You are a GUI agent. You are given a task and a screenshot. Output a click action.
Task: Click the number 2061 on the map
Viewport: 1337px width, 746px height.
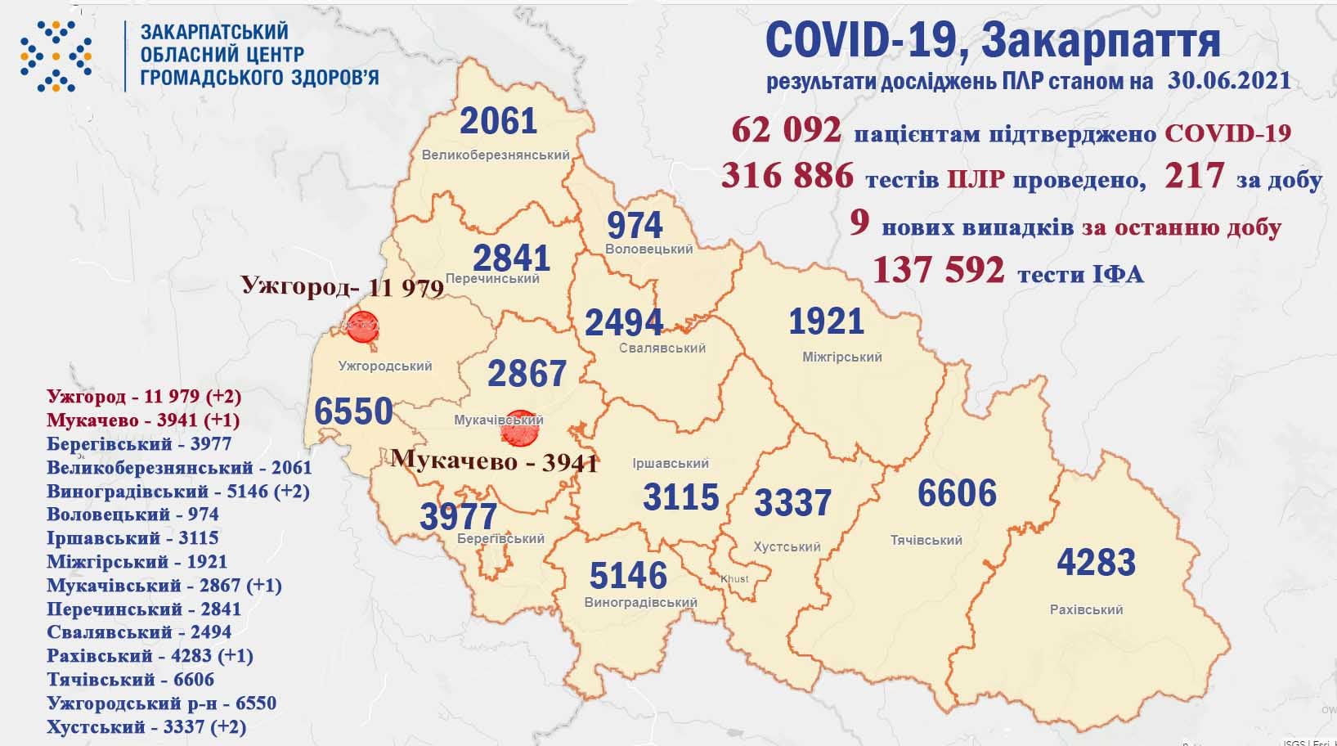(499, 122)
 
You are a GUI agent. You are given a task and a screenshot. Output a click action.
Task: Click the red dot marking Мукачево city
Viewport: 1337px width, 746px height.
(518, 428)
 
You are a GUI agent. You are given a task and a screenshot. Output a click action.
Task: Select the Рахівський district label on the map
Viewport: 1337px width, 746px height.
(1086, 609)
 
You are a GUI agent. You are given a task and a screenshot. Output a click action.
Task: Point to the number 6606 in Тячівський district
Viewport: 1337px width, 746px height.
(957, 494)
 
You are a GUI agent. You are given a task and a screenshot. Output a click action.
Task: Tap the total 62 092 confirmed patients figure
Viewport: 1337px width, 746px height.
(786, 132)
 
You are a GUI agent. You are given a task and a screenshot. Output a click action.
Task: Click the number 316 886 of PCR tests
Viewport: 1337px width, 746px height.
(787, 176)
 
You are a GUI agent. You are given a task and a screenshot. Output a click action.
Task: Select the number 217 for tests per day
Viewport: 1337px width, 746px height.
(1196, 176)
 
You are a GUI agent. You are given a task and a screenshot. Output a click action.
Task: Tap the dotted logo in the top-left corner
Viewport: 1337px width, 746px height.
(56, 56)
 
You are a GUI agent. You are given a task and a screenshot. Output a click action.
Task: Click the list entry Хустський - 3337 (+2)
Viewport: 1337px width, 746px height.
(146, 726)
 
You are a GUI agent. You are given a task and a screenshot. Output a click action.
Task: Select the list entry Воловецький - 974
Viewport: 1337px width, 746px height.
(132, 515)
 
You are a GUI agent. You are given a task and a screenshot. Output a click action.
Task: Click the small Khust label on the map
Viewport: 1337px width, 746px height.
(734, 579)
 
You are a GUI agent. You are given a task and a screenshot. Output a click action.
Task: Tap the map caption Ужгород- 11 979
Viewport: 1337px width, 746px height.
(342, 287)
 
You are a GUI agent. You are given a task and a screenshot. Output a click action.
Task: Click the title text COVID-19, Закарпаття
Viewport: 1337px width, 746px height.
(993, 41)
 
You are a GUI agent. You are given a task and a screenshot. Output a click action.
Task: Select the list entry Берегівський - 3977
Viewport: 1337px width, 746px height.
(139, 444)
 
